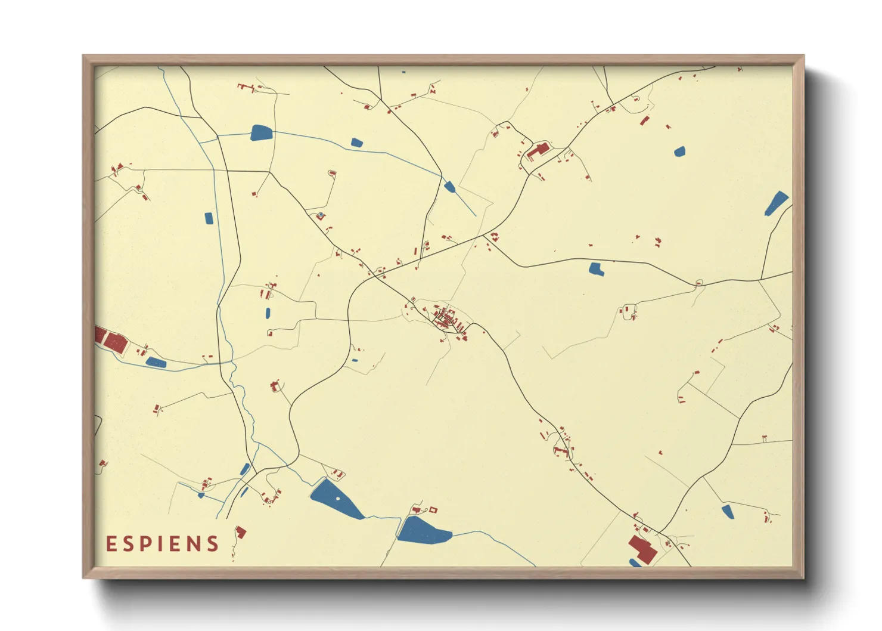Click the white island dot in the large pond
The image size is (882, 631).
coord(338,498)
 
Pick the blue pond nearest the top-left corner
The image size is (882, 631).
coord(260,132)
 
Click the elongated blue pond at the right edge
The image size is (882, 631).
coord(776,203)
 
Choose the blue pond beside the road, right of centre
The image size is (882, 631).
coord(596,269)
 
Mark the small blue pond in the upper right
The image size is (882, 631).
coord(679,151)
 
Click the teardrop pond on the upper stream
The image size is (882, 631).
coord(450,187)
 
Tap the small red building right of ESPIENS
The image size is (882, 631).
coord(241,532)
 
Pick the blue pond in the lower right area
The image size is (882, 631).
coord(728,512)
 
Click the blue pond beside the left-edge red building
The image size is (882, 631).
coord(156,362)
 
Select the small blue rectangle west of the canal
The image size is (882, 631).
coord(209,218)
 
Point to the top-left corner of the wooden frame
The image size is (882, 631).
coord(84,57)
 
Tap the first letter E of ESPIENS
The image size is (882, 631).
coord(111,544)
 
